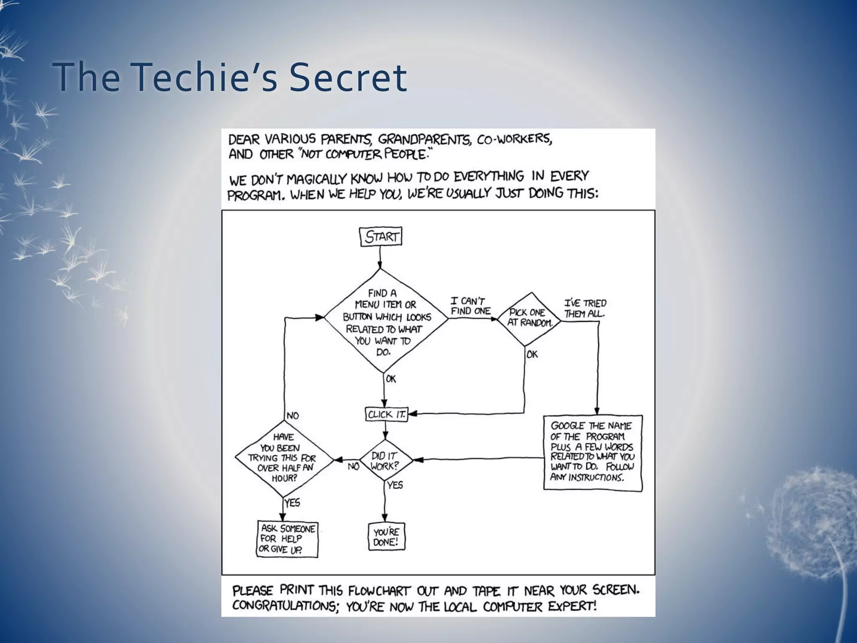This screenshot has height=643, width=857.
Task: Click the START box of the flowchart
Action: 381,237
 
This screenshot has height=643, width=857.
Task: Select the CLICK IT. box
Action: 386,414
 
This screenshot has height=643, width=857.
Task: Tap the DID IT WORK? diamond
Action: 385,461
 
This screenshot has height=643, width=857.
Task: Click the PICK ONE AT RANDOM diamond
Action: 528,319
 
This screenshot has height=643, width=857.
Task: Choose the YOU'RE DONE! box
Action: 386,537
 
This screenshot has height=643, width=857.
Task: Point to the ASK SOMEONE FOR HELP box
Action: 287,539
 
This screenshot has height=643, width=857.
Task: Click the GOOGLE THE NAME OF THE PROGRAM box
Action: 593,452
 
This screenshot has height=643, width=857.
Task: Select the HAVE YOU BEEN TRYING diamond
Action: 284,458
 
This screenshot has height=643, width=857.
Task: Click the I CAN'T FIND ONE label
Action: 470,306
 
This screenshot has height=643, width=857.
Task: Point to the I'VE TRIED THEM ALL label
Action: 585,309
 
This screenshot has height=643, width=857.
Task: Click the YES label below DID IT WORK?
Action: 395,485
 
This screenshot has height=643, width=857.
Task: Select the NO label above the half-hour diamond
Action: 293,416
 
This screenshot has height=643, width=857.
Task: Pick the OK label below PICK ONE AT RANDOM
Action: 532,355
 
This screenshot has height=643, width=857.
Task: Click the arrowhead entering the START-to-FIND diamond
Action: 380,265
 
